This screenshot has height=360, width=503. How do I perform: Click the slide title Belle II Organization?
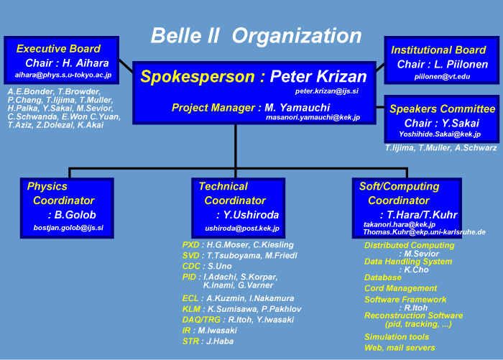tap(257, 35)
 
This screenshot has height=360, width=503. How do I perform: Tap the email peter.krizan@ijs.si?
tap(326, 91)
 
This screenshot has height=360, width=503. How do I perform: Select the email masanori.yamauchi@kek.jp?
tap(313, 117)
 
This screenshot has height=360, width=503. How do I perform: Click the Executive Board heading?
tap(58, 48)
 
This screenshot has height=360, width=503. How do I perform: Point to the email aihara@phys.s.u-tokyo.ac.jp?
tap(63, 75)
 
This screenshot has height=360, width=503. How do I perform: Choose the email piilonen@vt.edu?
tap(442, 77)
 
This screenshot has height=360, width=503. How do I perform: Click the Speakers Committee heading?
tap(443, 109)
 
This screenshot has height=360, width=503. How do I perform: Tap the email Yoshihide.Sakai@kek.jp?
tap(440, 134)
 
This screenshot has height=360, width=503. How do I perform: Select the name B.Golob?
tap(75, 215)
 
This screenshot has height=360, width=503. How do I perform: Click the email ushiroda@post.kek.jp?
tap(242, 229)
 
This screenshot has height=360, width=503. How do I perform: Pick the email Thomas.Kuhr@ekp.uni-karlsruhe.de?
tap(424, 232)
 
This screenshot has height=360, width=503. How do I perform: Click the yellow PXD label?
tap(191, 245)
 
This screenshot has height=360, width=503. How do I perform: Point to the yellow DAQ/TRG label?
tap(201, 320)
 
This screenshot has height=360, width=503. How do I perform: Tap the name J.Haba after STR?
tap(220, 341)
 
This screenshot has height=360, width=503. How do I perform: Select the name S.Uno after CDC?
tap(219, 266)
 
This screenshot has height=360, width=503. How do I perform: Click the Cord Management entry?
tap(401, 288)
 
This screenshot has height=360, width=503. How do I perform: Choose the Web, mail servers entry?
tap(400, 348)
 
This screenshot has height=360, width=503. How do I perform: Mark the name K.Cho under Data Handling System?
tap(416, 270)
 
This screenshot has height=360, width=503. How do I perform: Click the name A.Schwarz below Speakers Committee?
tap(476, 148)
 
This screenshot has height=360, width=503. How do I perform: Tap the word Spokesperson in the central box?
tap(198, 77)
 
